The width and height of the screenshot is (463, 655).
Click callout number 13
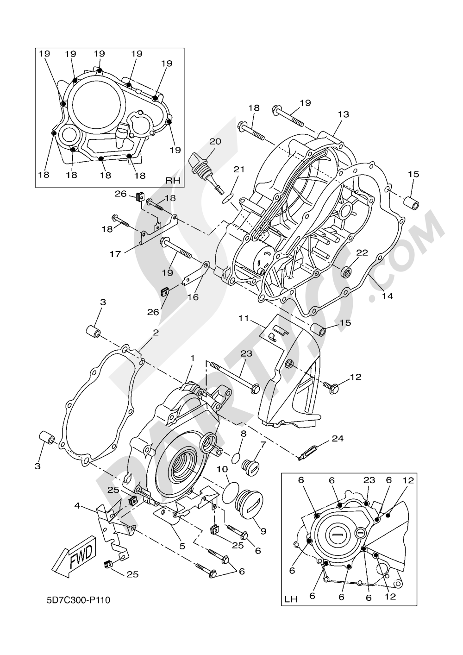tap(343, 114)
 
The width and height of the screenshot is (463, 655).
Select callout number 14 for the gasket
tap(387, 296)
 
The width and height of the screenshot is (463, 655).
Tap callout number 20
tap(215, 141)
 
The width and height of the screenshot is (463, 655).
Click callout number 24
tap(338, 438)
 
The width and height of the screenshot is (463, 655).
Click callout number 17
tap(115, 253)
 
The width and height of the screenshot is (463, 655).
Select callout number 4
tap(77, 507)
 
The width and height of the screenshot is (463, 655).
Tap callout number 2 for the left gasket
tap(156, 333)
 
